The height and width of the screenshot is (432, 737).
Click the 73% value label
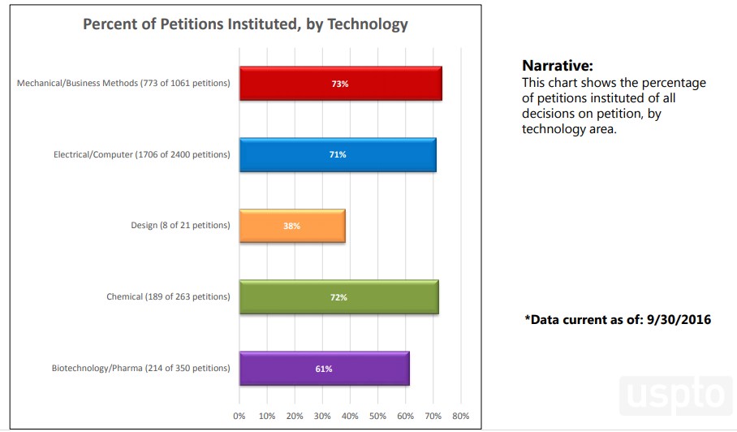click(340, 84)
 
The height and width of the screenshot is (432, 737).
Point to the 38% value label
click(292, 226)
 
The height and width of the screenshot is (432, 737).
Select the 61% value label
click(324, 369)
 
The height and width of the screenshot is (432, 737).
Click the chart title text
click(245, 24)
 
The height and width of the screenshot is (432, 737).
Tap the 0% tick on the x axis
click(239, 416)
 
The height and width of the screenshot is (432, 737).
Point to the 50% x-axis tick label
click(377, 416)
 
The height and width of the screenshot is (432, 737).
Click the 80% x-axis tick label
click(460, 416)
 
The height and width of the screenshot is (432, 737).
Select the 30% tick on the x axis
click(322, 416)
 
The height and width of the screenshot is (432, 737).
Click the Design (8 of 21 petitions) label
click(180, 226)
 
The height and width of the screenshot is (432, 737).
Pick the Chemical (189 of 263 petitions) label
click(168, 297)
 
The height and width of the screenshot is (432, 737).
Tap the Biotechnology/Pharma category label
click(140, 369)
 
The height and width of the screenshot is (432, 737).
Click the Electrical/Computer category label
click(141, 154)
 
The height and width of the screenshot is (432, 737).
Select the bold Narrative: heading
click(558, 66)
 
